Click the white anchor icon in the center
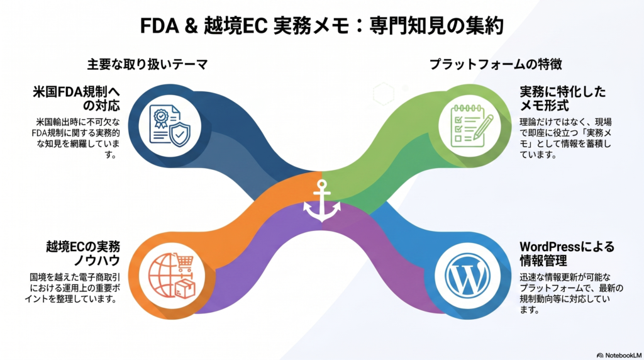click(322, 201)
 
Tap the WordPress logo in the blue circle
click(467, 275)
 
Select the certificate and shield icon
click(170, 126)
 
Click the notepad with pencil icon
click(471, 126)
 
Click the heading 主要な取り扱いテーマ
click(147, 64)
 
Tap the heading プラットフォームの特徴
click(496, 64)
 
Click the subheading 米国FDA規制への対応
click(76, 99)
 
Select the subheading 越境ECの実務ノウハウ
click(83, 254)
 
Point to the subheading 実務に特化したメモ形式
click(563, 99)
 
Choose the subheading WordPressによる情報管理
click(567, 254)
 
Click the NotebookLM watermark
click(619, 355)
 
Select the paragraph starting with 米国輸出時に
click(76, 138)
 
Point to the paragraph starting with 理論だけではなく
click(565, 138)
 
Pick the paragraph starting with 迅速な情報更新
click(571, 293)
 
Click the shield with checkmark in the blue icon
click(180, 135)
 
